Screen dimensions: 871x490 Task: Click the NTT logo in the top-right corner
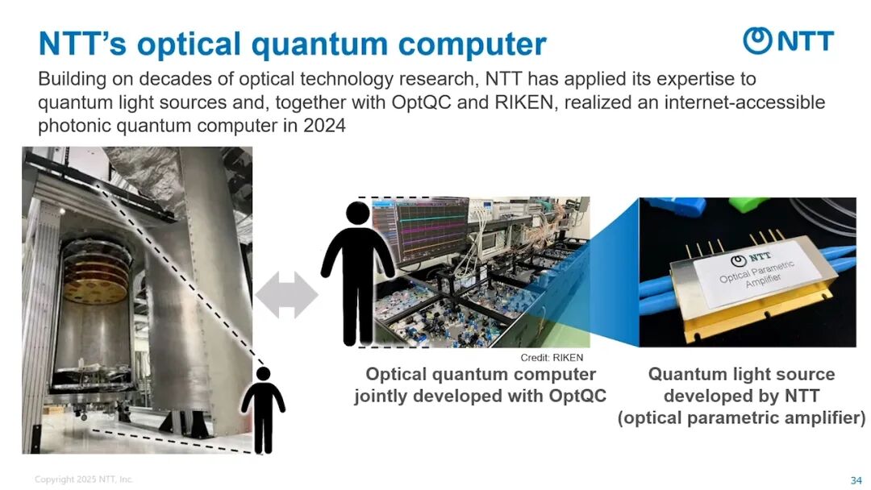(788, 40)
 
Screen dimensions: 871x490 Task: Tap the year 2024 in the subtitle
(324, 126)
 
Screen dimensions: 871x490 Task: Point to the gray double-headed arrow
(286, 295)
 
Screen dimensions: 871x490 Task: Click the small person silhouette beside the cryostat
(263, 409)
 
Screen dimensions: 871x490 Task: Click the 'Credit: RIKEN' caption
(552, 357)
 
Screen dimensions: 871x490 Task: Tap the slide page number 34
(856, 480)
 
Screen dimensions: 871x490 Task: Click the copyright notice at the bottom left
(84, 479)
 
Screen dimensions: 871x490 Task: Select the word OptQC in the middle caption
(577, 396)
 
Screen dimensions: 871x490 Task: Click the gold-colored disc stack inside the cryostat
(95, 277)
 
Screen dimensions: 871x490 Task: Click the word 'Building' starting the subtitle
(73, 79)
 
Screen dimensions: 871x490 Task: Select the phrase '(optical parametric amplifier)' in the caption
(742, 417)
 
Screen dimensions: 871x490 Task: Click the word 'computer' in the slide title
(473, 44)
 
